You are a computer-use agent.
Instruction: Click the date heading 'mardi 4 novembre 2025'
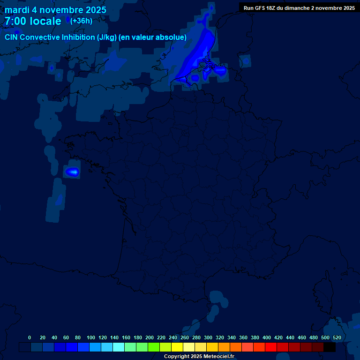(x=55, y=10)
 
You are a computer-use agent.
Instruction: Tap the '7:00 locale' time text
(x=33, y=21)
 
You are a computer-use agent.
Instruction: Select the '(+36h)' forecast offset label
(x=81, y=21)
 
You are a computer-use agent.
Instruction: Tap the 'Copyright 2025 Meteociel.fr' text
(x=199, y=357)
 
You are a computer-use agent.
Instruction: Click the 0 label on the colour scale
(x=30, y=337)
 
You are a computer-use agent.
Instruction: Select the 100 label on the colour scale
(x=90, y=337)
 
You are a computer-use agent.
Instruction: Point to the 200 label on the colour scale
(x=150, y=337)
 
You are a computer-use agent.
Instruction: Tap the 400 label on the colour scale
(x=267, y=337)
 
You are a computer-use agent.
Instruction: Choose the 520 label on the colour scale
(x=337, y=337)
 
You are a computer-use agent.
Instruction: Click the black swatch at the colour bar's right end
(x=330, y=347)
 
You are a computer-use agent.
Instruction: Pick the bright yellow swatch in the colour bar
(x=177, y=347)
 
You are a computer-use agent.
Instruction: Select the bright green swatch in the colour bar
(x=154, y=347)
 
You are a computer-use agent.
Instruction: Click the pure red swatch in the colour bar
(x=271, y=347)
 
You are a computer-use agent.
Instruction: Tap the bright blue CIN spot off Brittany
(x=72, y=172)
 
